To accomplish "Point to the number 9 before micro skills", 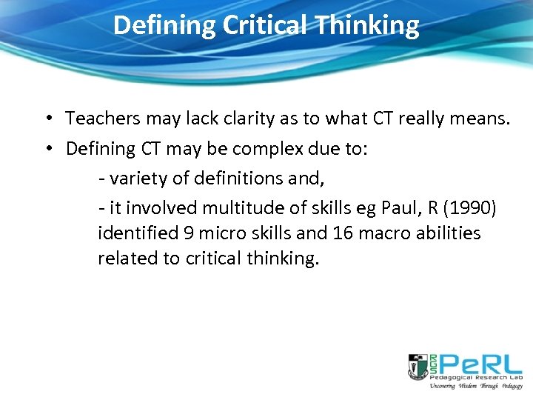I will [190, 234].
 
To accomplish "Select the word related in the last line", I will [124, 259].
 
